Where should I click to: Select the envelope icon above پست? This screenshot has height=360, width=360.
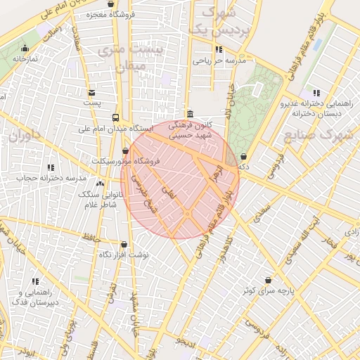click(91, 92)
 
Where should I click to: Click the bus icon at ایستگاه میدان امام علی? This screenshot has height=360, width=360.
click(115, 118)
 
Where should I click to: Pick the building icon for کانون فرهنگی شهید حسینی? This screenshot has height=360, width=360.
click(190, 115)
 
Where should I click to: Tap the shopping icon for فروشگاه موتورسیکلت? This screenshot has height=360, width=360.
click(126, 150)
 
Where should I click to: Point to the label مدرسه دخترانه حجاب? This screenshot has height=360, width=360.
click(46, 178)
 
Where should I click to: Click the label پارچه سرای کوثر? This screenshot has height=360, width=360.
click(266, 290)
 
